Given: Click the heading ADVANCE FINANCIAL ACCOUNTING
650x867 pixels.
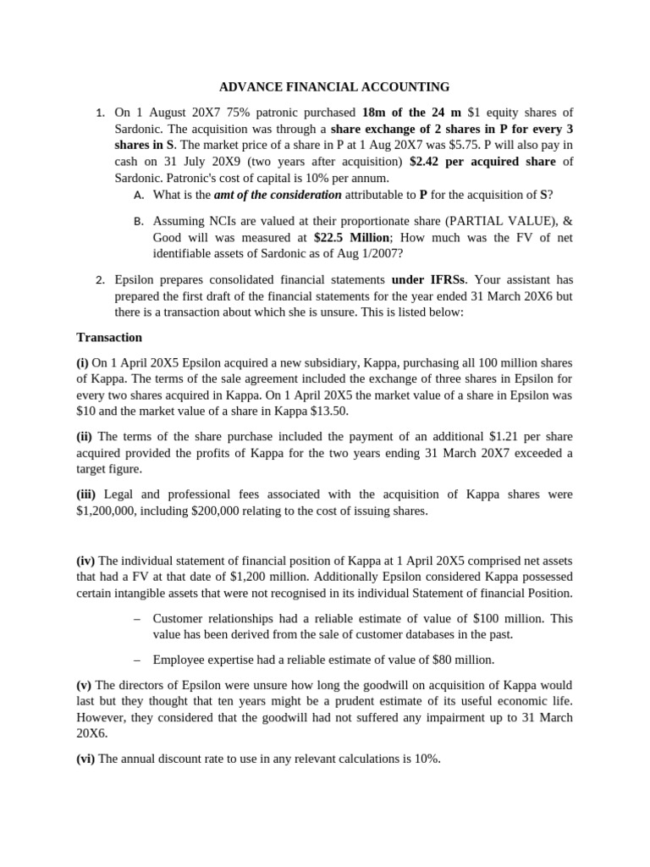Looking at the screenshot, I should (334, 86).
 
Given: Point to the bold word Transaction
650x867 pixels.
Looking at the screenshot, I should (109, 337).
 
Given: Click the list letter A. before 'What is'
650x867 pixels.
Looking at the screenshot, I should (140, 195).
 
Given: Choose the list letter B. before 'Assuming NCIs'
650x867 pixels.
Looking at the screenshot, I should (140, 221).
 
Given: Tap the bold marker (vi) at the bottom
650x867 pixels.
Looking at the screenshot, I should (85, 759).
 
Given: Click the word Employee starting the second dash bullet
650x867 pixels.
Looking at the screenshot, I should (180, 660).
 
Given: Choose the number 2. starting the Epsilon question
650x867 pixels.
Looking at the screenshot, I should (100, 279).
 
